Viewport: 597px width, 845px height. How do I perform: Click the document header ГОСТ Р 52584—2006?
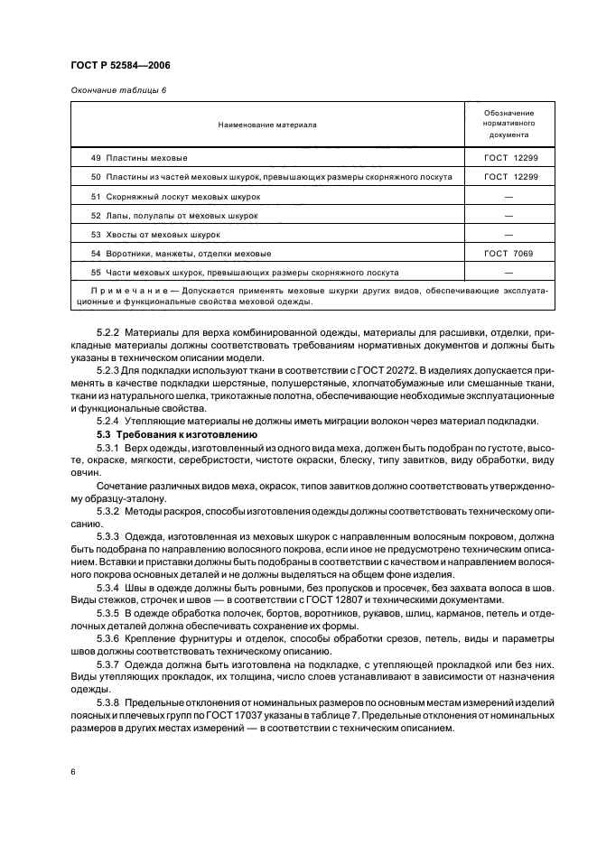click(119, 66)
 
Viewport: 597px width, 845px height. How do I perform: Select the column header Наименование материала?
click(267, 125)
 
